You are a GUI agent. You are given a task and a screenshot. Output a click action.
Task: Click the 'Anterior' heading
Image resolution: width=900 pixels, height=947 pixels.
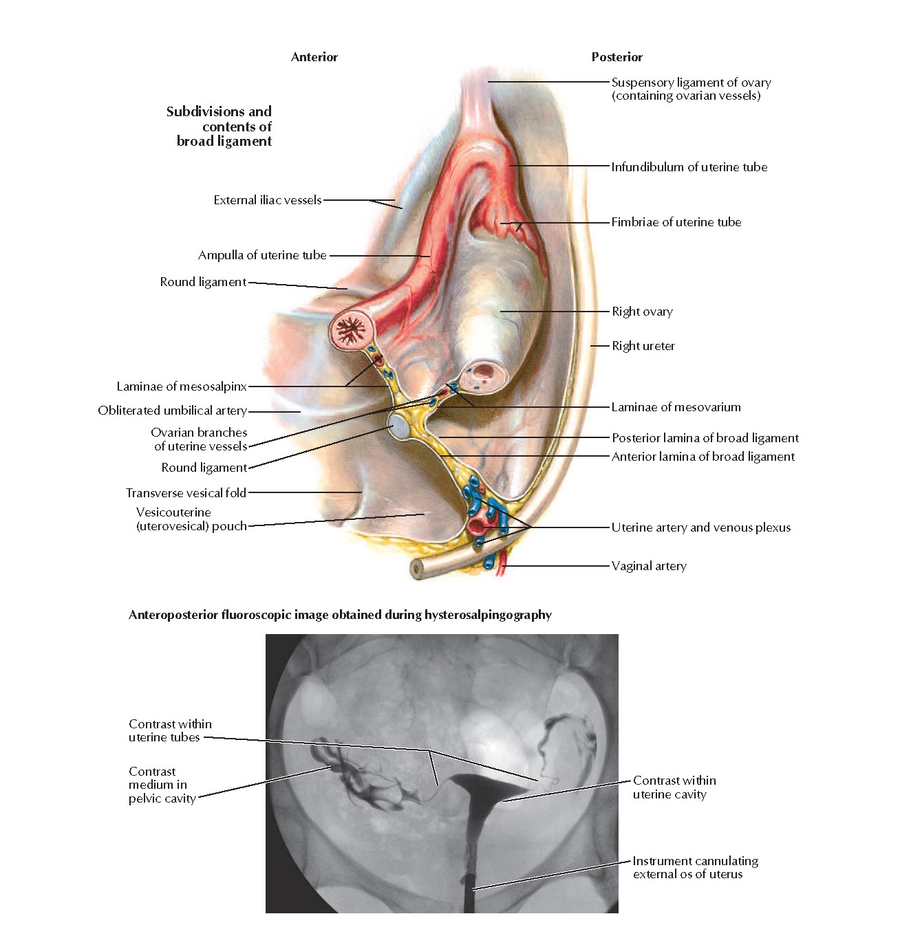pyautogui.click(x=314, y=57)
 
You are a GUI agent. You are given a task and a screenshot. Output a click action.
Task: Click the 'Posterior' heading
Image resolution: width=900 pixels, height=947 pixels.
pyautogui.click(x=617, y=57)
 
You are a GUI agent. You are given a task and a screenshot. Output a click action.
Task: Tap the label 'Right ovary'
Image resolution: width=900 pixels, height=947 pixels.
pyautogui.click(x=642, y=312)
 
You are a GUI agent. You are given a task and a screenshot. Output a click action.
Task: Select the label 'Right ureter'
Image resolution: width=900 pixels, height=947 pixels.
pyautogui.click(x=643, y=346)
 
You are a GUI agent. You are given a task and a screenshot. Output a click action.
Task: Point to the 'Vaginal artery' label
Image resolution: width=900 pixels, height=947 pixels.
pyautogui.click(x=649, y=566)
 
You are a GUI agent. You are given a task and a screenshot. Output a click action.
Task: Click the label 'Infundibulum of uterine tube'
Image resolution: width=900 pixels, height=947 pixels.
pyautogui.click(x=689, y=167)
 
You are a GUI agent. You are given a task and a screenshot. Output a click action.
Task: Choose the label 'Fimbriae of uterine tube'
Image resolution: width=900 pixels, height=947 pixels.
pyautogui.click(x=676, y=222)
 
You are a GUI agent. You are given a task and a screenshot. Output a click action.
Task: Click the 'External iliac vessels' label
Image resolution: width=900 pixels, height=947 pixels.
pyautogui.click(x=268, y=200)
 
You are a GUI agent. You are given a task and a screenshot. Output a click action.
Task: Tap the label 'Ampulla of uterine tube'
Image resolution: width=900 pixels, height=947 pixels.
pyautogui.click(x=262, y=255)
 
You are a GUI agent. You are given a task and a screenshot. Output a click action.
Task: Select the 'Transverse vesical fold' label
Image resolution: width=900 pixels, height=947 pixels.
pyautogui.click(x=186, y=493)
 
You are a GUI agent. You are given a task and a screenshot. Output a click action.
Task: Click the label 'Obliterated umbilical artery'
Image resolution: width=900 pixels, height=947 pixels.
pyautogui.click(x=172, y=411)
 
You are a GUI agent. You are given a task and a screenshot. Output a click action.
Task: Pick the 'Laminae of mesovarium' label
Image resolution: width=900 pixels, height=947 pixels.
pyautogui.click(x=676, y=407)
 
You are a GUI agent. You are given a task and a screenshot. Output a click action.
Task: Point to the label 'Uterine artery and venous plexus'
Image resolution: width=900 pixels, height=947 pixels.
pyautogui.click(x=700, y=527)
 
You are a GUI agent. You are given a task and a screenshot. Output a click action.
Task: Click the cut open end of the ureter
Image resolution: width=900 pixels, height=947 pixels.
pyautogui.click(x=416, y=569)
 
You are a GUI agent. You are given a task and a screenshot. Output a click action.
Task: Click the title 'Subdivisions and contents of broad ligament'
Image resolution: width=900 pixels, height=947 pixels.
pyautogui.click(x=219, y=126)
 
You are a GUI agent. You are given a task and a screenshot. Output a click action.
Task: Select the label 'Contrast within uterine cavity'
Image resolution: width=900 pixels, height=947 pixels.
pyautogui.click(x=674, y=787)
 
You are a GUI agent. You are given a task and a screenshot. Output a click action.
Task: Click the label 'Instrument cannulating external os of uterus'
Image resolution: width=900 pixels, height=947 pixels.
pyautogui.click(x=695, y=867)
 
